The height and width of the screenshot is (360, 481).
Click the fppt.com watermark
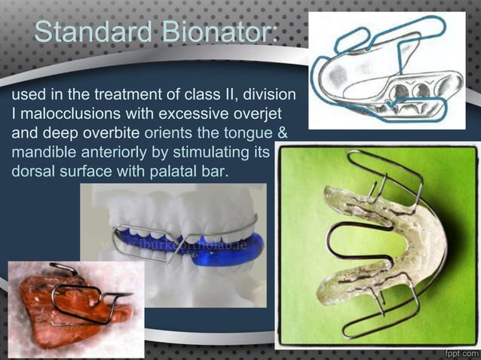point(458,352)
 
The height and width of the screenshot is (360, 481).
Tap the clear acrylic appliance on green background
point(377,249)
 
